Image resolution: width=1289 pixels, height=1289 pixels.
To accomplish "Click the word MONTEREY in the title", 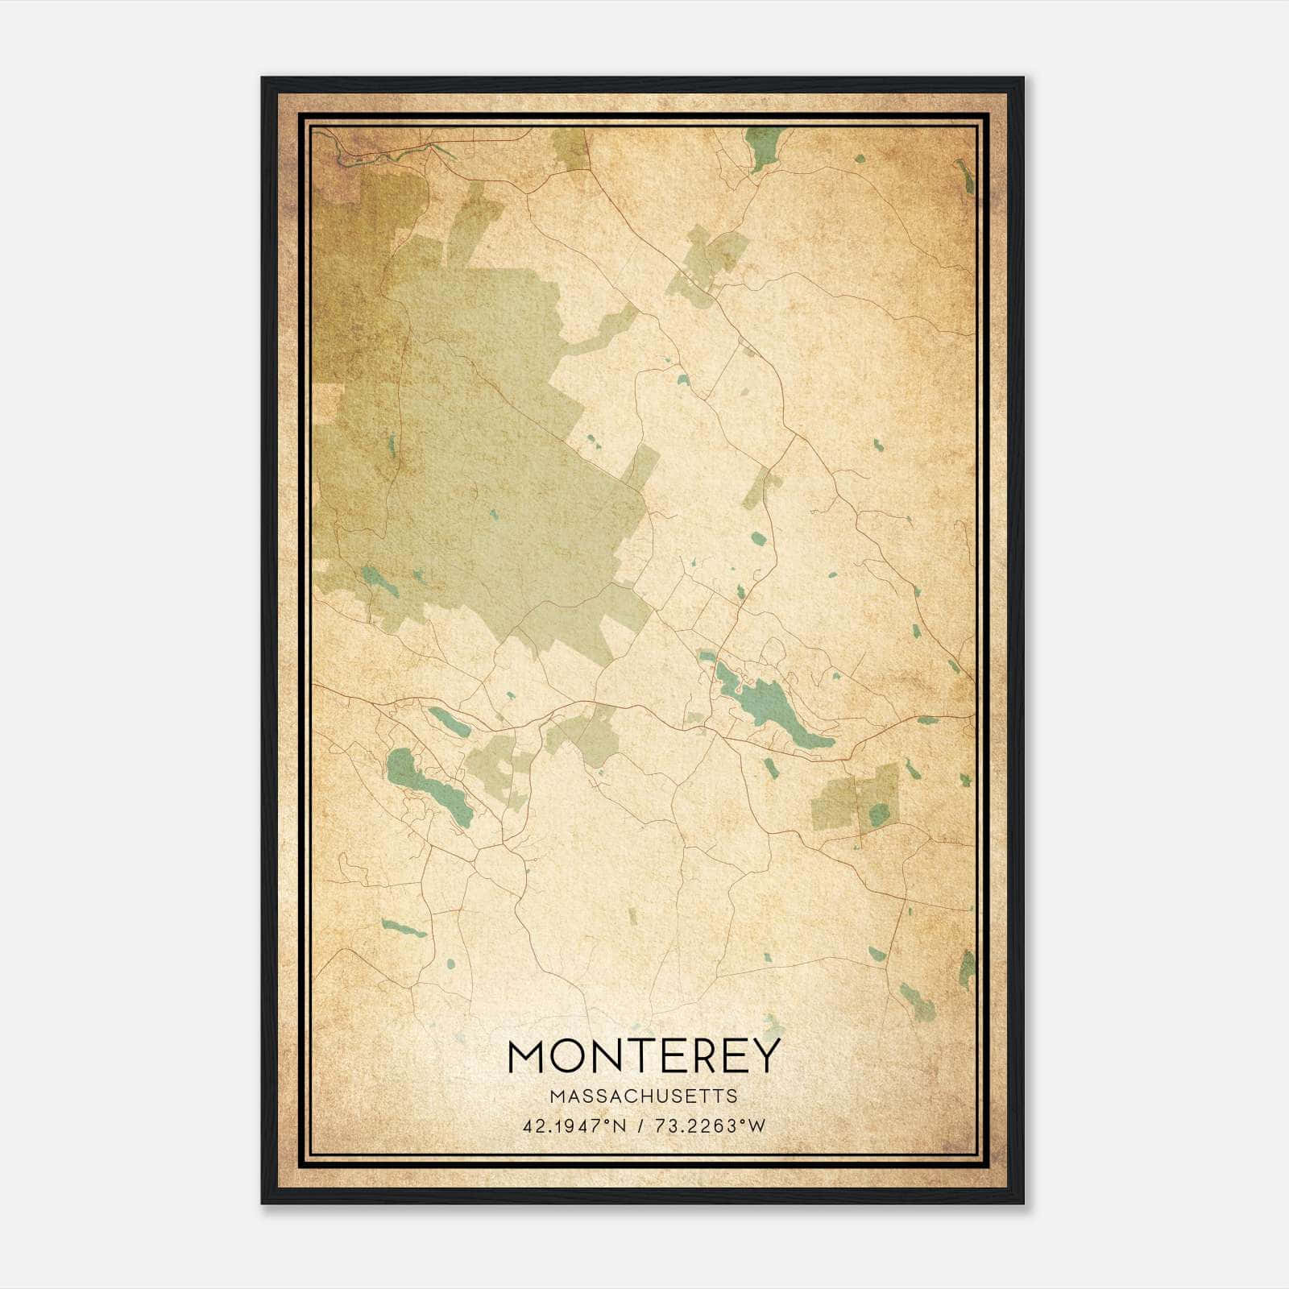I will tap(644, 1055).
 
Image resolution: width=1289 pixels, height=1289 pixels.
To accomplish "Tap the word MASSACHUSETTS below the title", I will tap(644, 1096).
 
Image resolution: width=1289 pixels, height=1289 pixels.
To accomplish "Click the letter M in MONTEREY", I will tap(528, 1055).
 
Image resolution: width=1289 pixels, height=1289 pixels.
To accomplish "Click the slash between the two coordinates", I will tap(640, 1126).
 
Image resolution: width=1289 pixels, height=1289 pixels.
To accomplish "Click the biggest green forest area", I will tap(499, 451).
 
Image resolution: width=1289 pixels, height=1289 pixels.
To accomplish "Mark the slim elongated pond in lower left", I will tap(403, 928).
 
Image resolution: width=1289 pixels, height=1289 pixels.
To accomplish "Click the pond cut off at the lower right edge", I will tap(967, 971).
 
